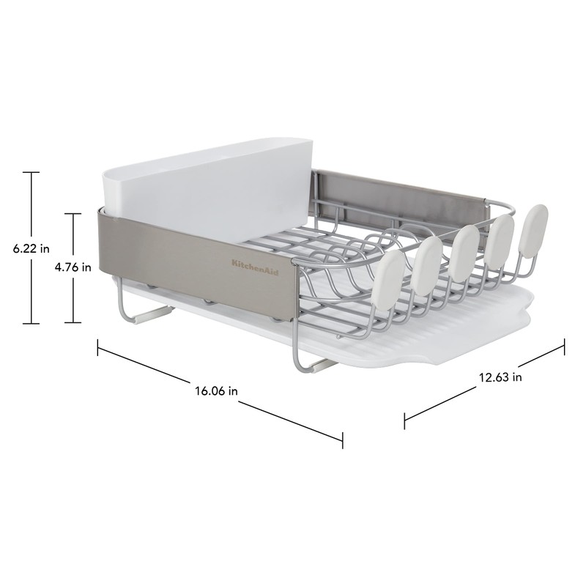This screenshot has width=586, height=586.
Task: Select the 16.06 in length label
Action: tap(216, 390)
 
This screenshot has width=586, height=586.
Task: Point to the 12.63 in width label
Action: tap(500, 378)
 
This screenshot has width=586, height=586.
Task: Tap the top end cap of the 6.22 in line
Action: tap(30, 172)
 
